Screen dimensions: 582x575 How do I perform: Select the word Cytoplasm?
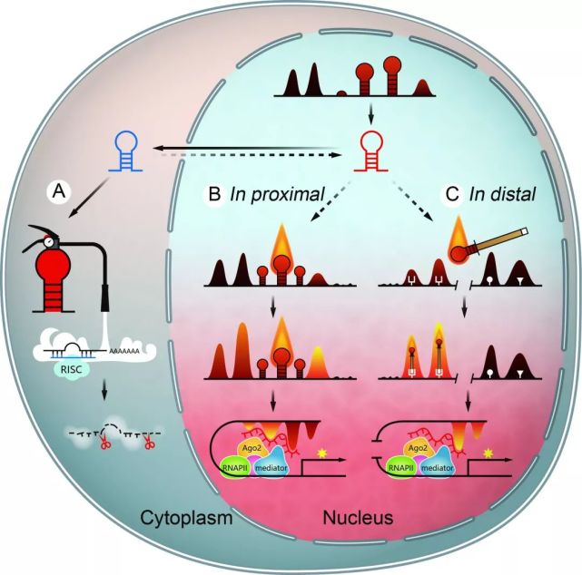187,518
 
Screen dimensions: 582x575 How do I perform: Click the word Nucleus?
358,518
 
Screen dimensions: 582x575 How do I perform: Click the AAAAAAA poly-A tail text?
123,351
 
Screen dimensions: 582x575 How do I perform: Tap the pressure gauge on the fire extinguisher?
49,241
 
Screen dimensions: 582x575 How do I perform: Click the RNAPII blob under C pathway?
401,468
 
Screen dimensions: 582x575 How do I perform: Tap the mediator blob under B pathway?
271,467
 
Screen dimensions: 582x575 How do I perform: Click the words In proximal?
277,194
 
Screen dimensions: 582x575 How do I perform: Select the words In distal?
503,194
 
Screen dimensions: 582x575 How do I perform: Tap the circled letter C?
452,194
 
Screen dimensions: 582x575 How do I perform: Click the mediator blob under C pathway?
438,467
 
